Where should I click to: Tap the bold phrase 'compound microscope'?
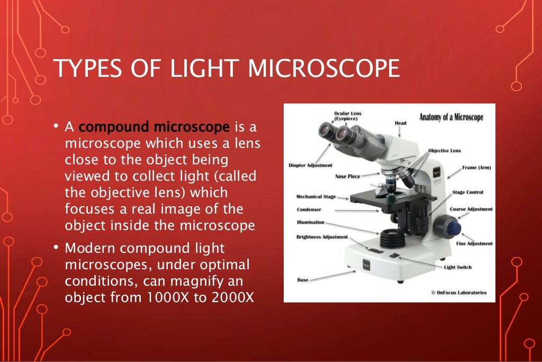154,127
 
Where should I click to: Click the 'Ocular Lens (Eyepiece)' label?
348,116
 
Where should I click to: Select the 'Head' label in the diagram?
400,123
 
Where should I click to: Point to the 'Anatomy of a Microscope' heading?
451,117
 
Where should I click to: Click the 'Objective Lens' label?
444,151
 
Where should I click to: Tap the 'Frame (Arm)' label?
476,167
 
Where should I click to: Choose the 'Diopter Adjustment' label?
311,165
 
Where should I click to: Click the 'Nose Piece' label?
348,176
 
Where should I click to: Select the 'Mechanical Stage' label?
316,197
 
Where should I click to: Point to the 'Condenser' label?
309,209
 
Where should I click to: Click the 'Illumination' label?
311,223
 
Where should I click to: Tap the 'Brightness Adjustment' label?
322,237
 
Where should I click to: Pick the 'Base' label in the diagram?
303,279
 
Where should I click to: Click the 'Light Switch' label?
458,267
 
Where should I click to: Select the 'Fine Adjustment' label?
474,244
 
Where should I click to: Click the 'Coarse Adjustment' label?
471,209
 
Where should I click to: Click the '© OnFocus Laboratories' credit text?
458,293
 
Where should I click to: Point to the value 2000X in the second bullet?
233,297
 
